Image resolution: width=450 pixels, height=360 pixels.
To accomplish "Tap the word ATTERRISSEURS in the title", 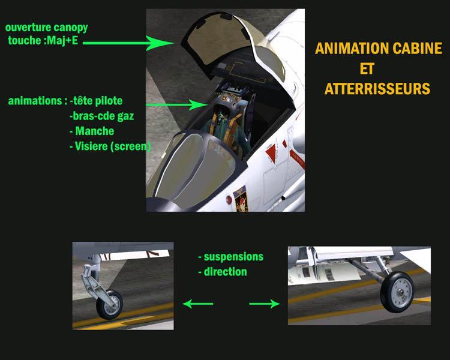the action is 377,88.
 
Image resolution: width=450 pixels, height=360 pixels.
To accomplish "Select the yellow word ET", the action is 367,68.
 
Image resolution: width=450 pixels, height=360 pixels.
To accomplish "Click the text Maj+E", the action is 62,40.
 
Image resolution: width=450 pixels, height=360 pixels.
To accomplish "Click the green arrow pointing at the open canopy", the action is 128,43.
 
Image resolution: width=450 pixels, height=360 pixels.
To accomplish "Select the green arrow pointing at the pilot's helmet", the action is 177,105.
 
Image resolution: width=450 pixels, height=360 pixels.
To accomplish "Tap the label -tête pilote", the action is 96,101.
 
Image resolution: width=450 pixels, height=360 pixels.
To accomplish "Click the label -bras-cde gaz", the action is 101,116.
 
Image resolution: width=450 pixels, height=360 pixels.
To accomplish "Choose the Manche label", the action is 92,131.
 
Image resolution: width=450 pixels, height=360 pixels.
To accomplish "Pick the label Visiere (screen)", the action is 110,146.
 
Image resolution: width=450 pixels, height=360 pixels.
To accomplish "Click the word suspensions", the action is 231,257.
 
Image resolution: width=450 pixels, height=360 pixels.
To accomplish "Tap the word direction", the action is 223,272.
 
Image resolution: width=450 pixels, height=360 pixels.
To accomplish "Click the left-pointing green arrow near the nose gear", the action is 198,304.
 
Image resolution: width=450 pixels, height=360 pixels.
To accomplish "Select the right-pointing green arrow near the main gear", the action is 265,304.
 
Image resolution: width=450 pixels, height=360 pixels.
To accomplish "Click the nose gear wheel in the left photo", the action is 110,304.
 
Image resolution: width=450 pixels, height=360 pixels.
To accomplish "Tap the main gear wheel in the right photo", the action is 397,292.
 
